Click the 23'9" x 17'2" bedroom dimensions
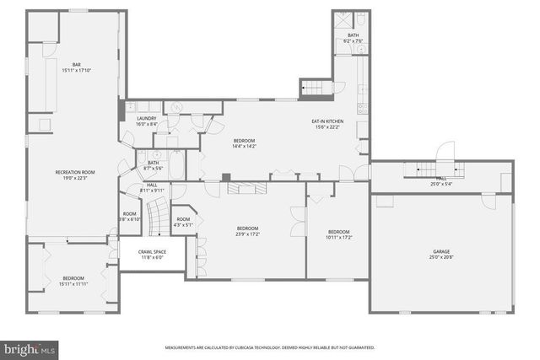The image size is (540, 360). [x=247, y=234]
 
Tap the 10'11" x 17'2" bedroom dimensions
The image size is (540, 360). [x=338, y=236]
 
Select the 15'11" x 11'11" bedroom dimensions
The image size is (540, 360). [x=73, y=283]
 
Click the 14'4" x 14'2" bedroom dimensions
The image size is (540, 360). [x=244, y=146]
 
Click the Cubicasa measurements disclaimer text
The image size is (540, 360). [x=269, y=347]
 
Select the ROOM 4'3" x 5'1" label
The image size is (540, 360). [x=183, y=222]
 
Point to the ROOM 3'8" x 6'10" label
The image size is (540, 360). [x=129, y=217]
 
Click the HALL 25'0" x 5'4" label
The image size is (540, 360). [x=440, y=180]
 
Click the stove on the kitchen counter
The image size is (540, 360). [x=363, y=107]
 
